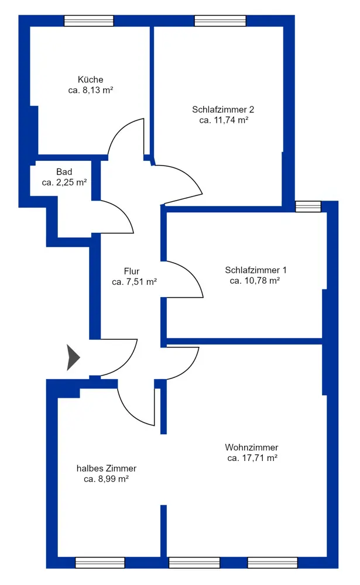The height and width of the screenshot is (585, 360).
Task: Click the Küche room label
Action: [x=90, y=80]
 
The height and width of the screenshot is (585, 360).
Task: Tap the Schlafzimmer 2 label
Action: [x=223, y=110]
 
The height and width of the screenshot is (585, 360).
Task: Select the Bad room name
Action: [x=64, y=172]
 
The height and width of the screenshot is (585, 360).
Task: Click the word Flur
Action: [x=132, y=271]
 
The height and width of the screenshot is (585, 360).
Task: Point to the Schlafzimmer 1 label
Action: [x=256, y=270]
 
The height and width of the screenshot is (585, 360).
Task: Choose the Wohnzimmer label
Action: [x=252, y=448]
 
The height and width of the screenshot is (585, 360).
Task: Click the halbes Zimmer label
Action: [x=107, y=468]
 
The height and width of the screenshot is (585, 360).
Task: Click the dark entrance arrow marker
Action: [x=73, y=357]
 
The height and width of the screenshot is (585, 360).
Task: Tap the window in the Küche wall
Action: [x=89, y=21]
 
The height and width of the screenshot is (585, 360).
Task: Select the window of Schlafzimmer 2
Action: [x=220, y=21]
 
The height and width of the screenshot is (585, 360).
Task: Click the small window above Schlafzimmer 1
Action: [x=308, y=207]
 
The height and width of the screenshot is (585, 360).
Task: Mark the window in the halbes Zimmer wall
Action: [x=100, y=563]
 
